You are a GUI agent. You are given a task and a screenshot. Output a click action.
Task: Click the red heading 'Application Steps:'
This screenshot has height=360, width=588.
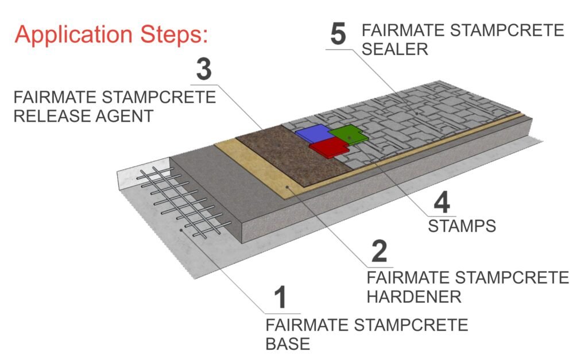pyautogui.click(x=111, y=35)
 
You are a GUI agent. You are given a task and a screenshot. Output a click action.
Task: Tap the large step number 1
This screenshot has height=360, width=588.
pyautogui.click(x=280, y=297)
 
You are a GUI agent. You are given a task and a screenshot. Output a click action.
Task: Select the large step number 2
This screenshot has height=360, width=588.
pyautogui.click(x=379, y=251)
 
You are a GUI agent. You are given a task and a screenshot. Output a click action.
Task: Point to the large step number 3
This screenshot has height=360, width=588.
pyautogui.click(x=204, y=69)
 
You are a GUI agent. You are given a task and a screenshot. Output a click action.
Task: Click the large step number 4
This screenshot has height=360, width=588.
pyautogui.click(x=442, y=203)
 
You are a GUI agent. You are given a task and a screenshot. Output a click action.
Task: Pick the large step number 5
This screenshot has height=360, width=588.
pyautogui.click(x=338, y=34)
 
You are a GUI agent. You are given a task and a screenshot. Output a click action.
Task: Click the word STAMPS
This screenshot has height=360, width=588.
pyautogui.click(x=462, y=226)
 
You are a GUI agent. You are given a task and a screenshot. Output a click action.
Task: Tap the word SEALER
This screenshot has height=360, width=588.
pyautogui.click(x=395, y=49)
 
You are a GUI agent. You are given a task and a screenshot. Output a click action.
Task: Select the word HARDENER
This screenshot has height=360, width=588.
pyautogui.click(x=414, y=297)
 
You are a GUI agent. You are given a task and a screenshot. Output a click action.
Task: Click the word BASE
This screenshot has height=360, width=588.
pyautogui.click(x=288, y=344)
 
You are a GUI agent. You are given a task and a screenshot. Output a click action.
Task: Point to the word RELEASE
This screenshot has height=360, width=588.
pyautogui.click(x=52, y=116)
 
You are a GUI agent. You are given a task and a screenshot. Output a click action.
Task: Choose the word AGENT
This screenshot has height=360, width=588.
pyautogui.click(x=125, y=116)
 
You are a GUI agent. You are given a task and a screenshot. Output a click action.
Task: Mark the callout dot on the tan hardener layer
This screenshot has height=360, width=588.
pyautogui.click(x=287, y=186)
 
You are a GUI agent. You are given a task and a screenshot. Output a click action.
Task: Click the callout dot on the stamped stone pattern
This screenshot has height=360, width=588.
pyautogui.click(x=416, y=113)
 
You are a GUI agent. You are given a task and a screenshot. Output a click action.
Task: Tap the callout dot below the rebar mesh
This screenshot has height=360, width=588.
pyautogui.click(x=181, y=230)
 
